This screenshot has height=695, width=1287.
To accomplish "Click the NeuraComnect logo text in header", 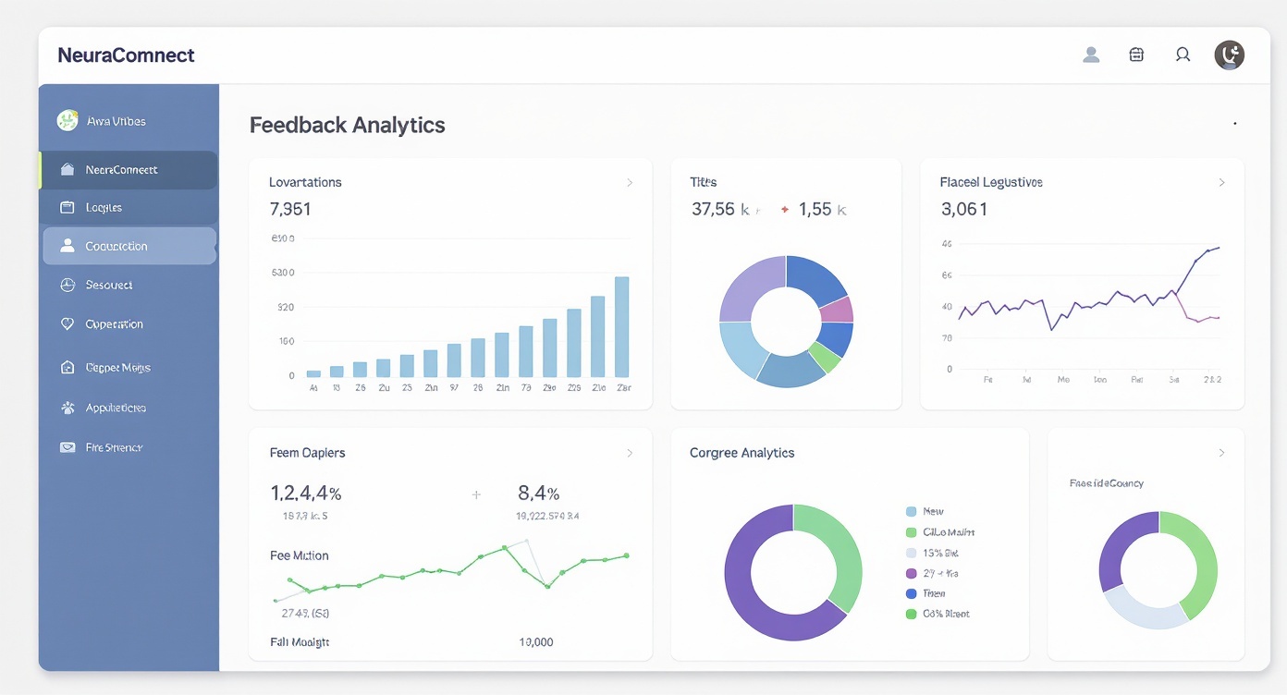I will point(126,55).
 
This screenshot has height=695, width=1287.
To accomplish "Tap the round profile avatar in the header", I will point(1229,55).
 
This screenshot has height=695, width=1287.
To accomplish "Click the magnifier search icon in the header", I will point(1183,55).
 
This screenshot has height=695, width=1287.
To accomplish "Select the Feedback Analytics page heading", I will point(347,125).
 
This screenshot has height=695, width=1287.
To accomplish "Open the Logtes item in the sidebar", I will point(104,208).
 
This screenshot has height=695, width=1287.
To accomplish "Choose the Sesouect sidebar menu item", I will point(108,286).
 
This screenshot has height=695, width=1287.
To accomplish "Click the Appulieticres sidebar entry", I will point(116,408).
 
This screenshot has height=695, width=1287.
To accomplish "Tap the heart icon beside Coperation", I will point(67,324).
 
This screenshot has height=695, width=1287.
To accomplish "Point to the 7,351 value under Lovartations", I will point(290,209).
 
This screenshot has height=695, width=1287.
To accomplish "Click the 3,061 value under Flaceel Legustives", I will point(964,210).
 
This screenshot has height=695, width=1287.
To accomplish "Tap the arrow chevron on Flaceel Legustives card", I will point(1221,183).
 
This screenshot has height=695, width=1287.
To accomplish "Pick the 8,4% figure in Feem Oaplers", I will point(538,494).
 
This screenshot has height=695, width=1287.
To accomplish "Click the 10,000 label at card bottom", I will point(536,641).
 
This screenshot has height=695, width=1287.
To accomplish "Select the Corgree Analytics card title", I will point(742,453).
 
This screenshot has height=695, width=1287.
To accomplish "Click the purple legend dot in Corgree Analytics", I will point(911,573).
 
